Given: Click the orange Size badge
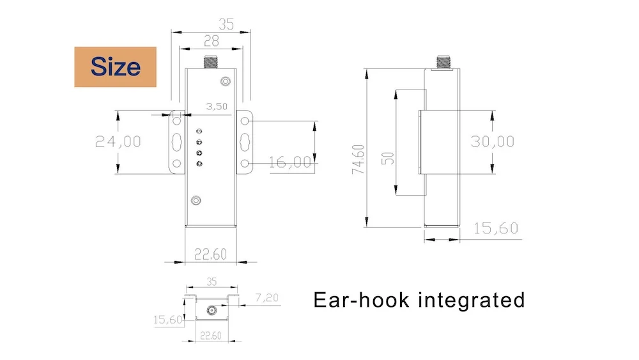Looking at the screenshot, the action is (x=116, y=67).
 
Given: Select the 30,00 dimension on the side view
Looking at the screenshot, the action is (x=492, y=141).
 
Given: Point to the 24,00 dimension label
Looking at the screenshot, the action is (x=118, y=141).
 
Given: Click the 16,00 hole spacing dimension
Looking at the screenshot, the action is (x=289, y=162).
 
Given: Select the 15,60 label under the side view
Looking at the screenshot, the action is (x=496, y=228).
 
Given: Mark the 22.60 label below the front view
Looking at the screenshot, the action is (x=210, y=254).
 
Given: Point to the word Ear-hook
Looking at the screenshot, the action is (x=360, y=299).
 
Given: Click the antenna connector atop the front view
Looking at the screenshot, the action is (x=210, y=62).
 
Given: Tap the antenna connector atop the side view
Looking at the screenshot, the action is (x=443, y=62).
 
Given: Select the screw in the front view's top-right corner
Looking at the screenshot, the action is (x=226, y=81).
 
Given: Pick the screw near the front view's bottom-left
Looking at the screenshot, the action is (x=197, y=200).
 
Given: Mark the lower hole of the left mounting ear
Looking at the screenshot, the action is (x=176, y=164).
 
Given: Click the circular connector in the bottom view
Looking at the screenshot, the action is (x=210, y=311).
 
